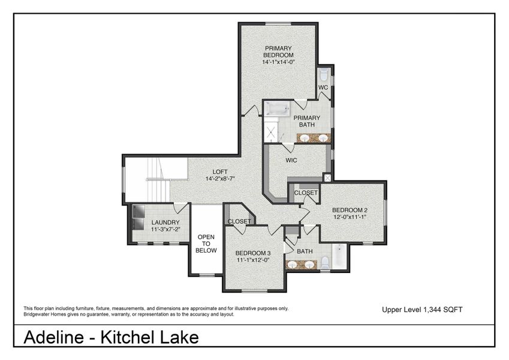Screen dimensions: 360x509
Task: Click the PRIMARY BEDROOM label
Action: point(278,52)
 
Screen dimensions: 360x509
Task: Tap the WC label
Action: point(323,88)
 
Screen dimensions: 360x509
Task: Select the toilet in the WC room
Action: point(324,76)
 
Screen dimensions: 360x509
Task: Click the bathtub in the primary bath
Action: point(278,109)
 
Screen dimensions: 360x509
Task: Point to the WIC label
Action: point(291,160)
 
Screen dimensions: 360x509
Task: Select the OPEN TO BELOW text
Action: point(206,244)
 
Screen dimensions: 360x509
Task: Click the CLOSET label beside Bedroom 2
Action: point(306,193)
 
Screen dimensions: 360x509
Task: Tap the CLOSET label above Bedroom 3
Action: point(239,221)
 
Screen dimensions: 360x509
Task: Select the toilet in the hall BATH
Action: point(325,263)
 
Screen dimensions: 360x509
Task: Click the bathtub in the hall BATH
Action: point(339,256)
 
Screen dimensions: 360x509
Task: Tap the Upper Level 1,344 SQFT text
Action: point(422,310)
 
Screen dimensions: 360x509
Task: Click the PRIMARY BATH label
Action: point(307,121)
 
